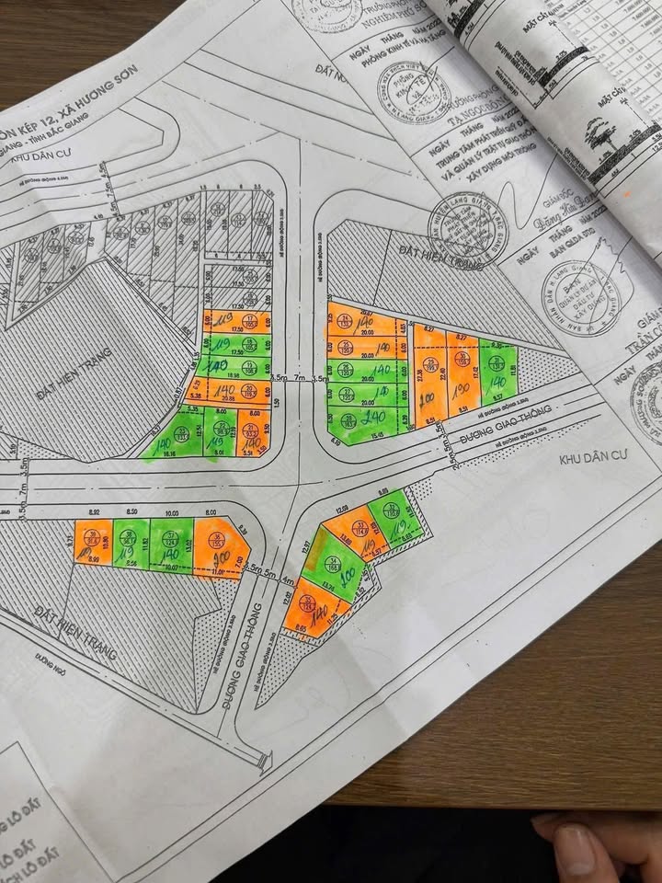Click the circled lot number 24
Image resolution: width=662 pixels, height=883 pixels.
click(346, 320)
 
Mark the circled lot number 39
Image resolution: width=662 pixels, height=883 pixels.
click(92, 533)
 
